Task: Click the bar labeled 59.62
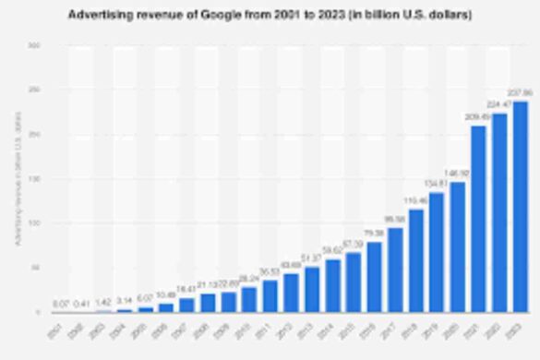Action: pos(332,285)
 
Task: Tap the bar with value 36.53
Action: pos(270,295)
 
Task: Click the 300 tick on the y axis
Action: pos(34,45)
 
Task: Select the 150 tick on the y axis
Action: pos(34,178)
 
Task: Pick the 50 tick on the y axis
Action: pos(34,268)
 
